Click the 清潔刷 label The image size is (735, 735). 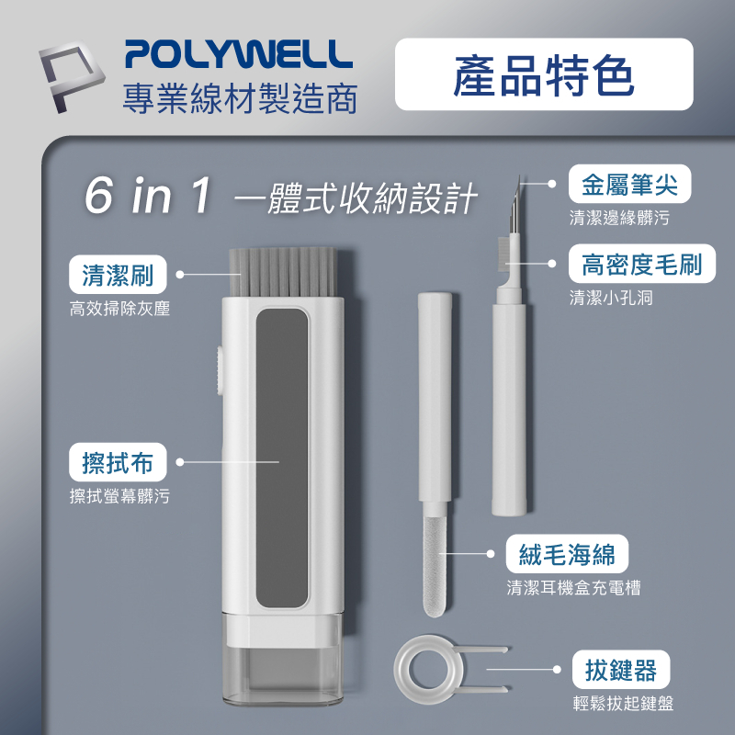click(x=118, y=274)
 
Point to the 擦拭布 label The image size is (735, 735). click(x=118, y=462)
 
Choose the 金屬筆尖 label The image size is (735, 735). click(x=628, y=185)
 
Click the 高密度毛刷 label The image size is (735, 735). click(x=641, y=265)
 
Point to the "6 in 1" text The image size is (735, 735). click(x=150, y=194)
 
